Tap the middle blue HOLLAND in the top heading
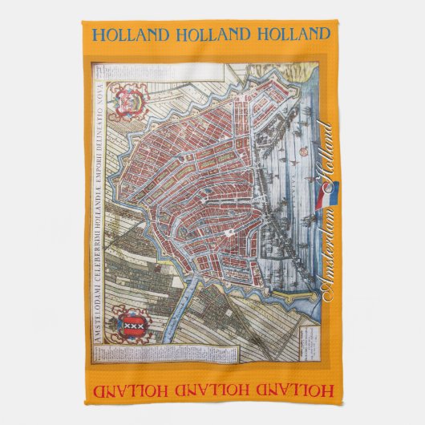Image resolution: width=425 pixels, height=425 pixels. [212, 34]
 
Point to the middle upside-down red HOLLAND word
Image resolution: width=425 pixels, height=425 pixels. [212, 391]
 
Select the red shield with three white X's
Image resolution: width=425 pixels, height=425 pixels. [112, 328]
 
